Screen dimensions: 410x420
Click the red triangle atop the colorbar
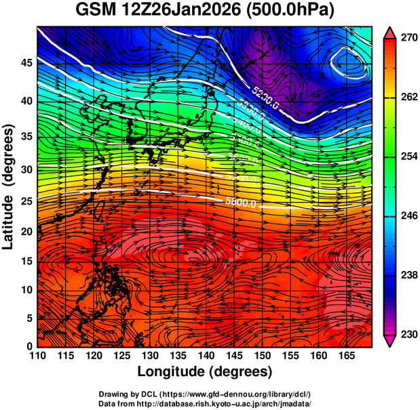click(x=389, y=32)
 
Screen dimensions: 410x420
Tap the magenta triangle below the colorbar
click(x=389, y=341)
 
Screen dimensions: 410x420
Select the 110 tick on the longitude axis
click(x=38, y=356)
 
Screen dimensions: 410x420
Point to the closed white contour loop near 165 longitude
click(x=349, y=64)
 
